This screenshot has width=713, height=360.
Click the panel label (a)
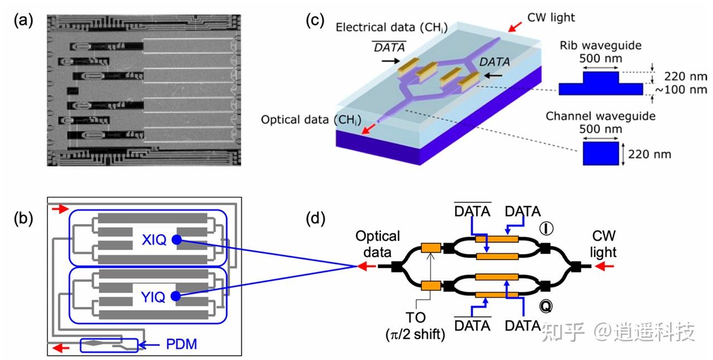point(23,21)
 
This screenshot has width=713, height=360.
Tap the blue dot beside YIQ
point(176,296)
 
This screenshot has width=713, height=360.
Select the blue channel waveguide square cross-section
point(601,153)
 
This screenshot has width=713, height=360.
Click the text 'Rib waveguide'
point(601,46)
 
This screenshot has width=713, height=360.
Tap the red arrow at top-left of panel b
point(60,209)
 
